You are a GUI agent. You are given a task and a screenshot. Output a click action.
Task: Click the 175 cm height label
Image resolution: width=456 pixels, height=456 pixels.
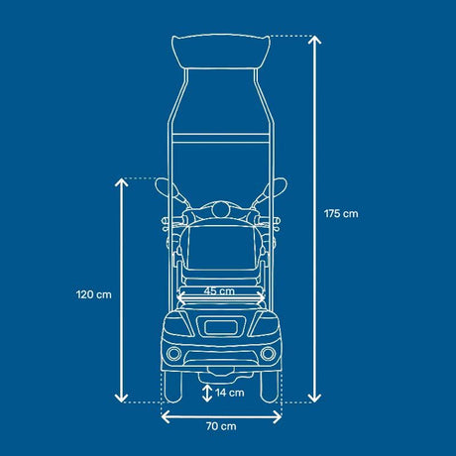[x=341, y=214]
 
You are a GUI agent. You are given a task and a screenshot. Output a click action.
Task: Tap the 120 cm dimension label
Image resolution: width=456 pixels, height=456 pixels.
[x=94, y=294]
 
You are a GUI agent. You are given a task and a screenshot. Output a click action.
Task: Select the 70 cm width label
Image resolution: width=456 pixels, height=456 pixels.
[x=221, y=426]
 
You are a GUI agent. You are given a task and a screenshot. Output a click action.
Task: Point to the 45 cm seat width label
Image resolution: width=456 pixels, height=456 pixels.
[x=219, y=291]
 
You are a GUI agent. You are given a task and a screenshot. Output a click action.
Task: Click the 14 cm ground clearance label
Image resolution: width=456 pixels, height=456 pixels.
[x=230, y=393]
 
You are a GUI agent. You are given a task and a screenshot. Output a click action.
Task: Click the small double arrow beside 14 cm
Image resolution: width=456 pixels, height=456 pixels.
[x=207, y=394]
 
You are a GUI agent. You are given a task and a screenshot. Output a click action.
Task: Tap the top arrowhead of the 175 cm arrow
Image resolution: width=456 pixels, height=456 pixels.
[x=314, y=40]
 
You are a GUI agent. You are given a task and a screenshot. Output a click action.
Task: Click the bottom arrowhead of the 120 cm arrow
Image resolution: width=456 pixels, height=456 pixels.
[x=121, y=398]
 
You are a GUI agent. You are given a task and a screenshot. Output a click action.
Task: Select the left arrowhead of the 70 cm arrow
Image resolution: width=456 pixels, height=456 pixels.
[x=166, y=417]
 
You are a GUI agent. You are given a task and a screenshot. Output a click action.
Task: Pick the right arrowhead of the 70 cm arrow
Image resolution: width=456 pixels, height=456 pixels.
[x=277, y=417]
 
